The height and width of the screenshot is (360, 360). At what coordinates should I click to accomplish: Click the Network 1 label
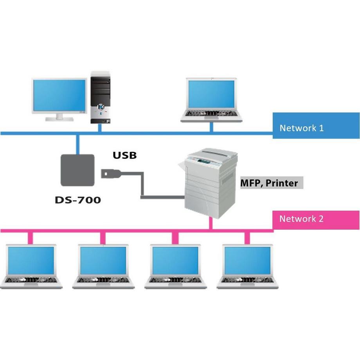pyautogui.click(x=301, y=128)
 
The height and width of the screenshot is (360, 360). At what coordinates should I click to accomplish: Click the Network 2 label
pyautogui.click(x=301, y=219)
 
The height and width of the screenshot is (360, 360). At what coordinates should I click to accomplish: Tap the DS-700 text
pyautogui.click(x=78, y=200)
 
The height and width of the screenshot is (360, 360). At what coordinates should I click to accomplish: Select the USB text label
pyautogui.click(x=125, y=155)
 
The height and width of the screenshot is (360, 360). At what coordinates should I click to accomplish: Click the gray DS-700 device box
pyautogui.click(x=78, y=170)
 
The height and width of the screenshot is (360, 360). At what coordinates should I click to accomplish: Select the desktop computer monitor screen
pyautogui.click(x=59, y=95)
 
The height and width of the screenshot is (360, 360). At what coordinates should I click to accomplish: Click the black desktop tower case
pyautogui.click(x=101, y=97)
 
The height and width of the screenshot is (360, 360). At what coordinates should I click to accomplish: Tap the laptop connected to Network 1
pyautogui.click(x=211, y=100)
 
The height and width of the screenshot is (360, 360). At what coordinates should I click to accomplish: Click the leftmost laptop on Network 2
pyautogui.click(x=31, y=266)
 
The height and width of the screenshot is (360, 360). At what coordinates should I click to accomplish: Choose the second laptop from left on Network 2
pyautogui.click(x=103, y=266)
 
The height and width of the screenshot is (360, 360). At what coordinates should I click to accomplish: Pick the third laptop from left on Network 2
pyautogui.click(x=175, y=266)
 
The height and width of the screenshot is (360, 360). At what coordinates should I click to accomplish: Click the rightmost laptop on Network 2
pyautogui.click(x=247, y=266)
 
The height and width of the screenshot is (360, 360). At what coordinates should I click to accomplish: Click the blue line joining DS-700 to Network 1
pyautogui.click(x=78, y=144)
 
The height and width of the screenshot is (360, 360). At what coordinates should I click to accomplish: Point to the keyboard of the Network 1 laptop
pyautogui.click(x=211, y=114)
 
